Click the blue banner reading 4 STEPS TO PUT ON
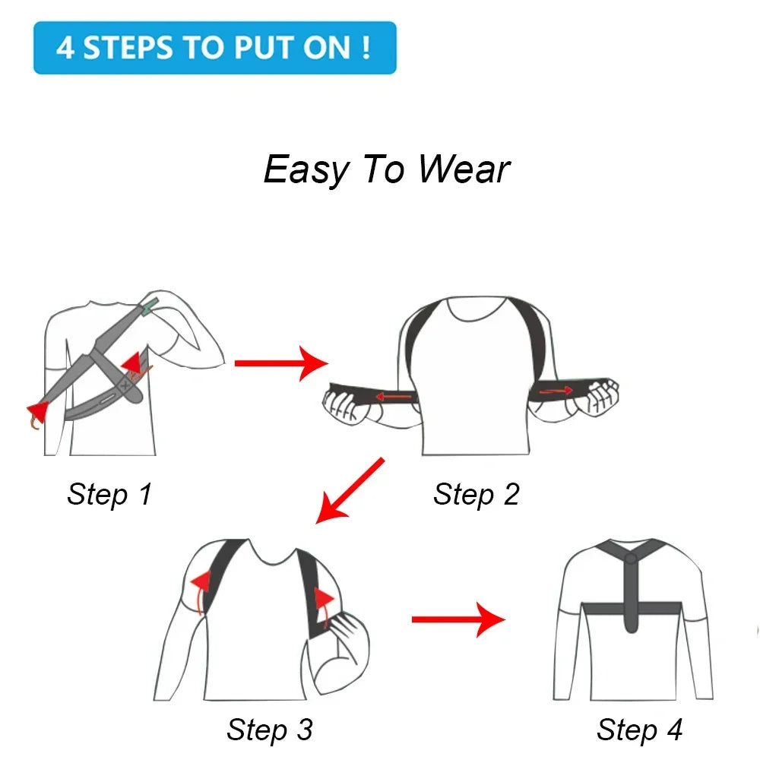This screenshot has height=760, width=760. (215, 48)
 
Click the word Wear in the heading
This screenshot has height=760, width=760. (464, 169)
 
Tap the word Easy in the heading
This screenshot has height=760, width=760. (305, 170)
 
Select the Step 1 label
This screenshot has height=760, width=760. (109, 494)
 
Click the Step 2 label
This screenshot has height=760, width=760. (476, 494)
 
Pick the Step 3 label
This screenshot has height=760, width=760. (269, 730)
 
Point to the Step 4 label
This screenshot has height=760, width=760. (639, 730)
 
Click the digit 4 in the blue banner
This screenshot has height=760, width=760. (65, 48)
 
